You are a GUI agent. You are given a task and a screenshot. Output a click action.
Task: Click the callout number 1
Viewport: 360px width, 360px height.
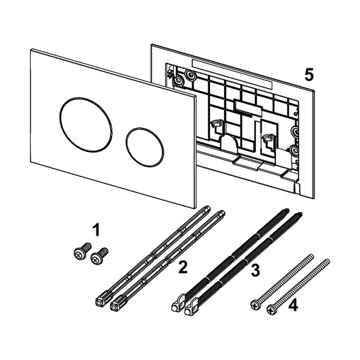pos(96,230)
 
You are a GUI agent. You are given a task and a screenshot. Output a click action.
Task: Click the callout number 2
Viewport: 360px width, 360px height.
pos(182,267)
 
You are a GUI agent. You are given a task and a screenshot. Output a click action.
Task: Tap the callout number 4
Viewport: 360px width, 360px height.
pos(293,306)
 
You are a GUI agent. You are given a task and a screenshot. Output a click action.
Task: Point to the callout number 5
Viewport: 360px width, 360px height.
pos(309,75)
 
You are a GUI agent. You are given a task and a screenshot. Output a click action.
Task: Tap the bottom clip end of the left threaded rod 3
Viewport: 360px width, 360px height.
pos(178,306)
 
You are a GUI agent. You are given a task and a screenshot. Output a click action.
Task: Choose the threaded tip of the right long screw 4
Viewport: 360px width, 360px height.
pos(328,260)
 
